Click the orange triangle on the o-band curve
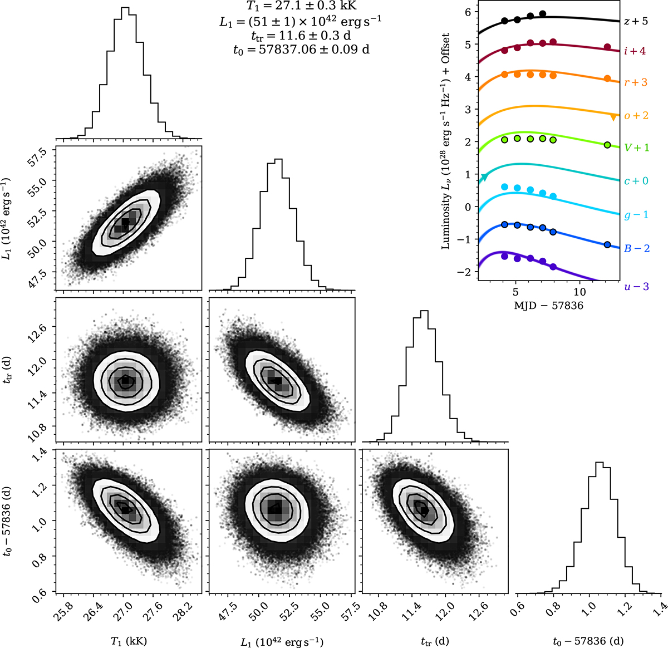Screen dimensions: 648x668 (x=613, y=117)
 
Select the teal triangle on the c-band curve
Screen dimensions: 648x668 (x=484, y=178)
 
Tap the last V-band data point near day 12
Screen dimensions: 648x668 (x=607, y=145)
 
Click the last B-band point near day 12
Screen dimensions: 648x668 (x=607, y=244)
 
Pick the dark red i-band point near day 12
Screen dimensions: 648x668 (x=607, y=47)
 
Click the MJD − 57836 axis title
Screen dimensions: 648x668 (x=548, y=306)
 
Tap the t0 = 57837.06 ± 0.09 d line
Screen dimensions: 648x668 (x=301, y=50)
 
